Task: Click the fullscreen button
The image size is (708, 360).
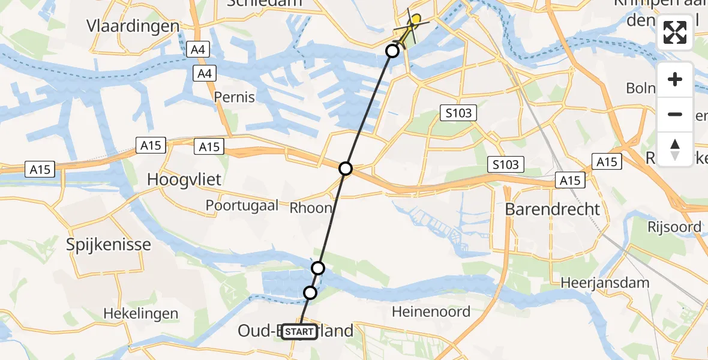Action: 675,32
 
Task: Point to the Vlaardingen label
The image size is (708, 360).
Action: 133,26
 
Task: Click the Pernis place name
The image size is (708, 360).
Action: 235,97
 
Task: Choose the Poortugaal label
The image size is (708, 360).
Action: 242,205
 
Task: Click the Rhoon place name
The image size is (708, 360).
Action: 311,208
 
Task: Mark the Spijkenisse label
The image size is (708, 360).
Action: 109,245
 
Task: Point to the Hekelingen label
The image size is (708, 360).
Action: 140,313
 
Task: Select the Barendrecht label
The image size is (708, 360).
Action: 552,209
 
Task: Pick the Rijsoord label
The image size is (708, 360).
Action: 674,227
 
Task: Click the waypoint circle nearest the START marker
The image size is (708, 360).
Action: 310,293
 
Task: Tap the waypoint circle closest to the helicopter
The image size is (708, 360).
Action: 392,51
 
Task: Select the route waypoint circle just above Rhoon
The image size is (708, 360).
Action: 346,169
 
